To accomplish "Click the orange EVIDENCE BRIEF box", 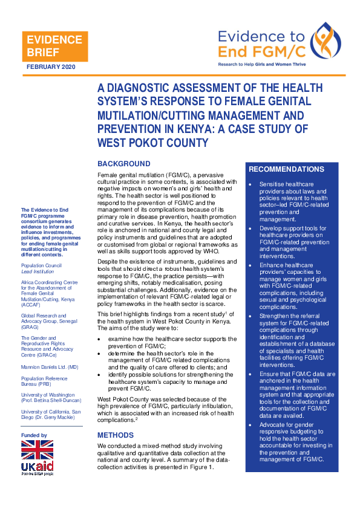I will click(54, 47).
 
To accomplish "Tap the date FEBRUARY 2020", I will click(51, 66).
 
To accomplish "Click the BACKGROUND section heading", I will click(124, 164).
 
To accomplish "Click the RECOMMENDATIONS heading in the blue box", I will click(286, 169).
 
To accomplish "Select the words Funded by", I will click(34, 435).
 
